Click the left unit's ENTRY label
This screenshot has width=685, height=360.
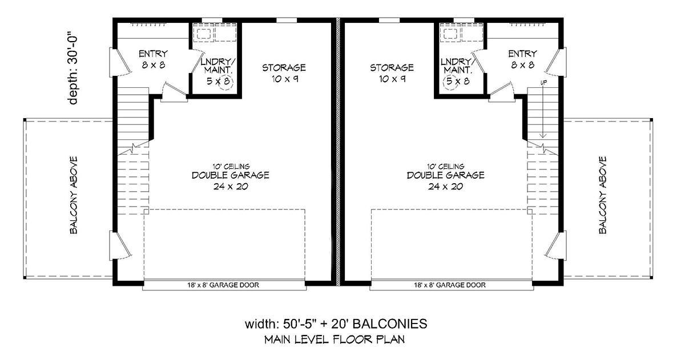[x=153, y=54]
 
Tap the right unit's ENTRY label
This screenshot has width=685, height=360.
[x=523, y=54]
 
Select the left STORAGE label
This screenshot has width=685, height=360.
[x=284, y=67]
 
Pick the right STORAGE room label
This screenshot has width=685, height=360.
[x=392, y=67]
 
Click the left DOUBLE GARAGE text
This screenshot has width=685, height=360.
[x=231, y=175]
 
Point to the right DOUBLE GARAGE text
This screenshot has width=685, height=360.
[x=446, y=175]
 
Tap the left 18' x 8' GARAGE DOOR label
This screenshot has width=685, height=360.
[x=223, y=285]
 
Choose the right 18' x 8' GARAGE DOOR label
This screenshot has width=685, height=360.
[x=450, y=285]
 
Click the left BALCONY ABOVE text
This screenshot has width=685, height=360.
[x=74, y=195]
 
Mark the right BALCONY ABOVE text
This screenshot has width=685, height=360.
[x=602, y=195]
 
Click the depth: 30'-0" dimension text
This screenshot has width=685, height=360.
[x=73, y=70]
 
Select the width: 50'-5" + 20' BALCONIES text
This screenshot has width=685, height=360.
[x=336, y=324]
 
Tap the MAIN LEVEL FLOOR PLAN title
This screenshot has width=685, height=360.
[x=335, y=339]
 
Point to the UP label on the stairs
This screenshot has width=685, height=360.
[x=543, y=83]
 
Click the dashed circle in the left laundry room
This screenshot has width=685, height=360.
[x=225, y=82]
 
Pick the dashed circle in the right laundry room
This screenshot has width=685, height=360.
[x=451, y=82]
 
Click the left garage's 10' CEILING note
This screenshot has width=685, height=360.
[x=231, y=167]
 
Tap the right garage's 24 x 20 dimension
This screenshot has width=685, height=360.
[x=446, y=187]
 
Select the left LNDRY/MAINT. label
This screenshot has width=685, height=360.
[x=218, y=66]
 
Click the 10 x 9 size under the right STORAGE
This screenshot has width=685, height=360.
[x=392, y=79]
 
